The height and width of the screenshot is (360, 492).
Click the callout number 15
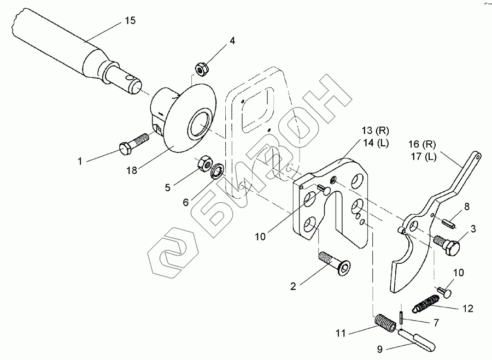point(130,21)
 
